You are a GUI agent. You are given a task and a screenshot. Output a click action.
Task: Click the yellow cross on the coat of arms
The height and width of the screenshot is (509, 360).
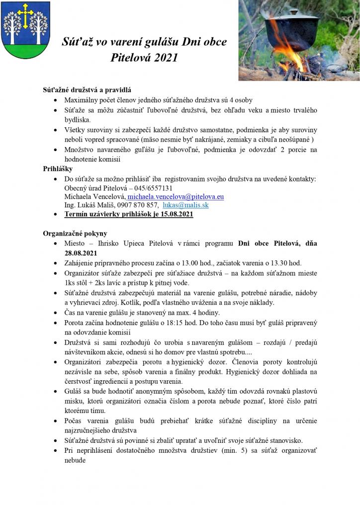25,15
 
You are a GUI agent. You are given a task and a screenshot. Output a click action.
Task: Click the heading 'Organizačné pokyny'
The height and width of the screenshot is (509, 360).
75,233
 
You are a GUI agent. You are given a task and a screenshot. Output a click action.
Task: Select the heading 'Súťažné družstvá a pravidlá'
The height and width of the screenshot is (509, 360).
87,90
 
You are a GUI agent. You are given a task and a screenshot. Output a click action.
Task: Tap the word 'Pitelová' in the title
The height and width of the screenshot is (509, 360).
130,58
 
